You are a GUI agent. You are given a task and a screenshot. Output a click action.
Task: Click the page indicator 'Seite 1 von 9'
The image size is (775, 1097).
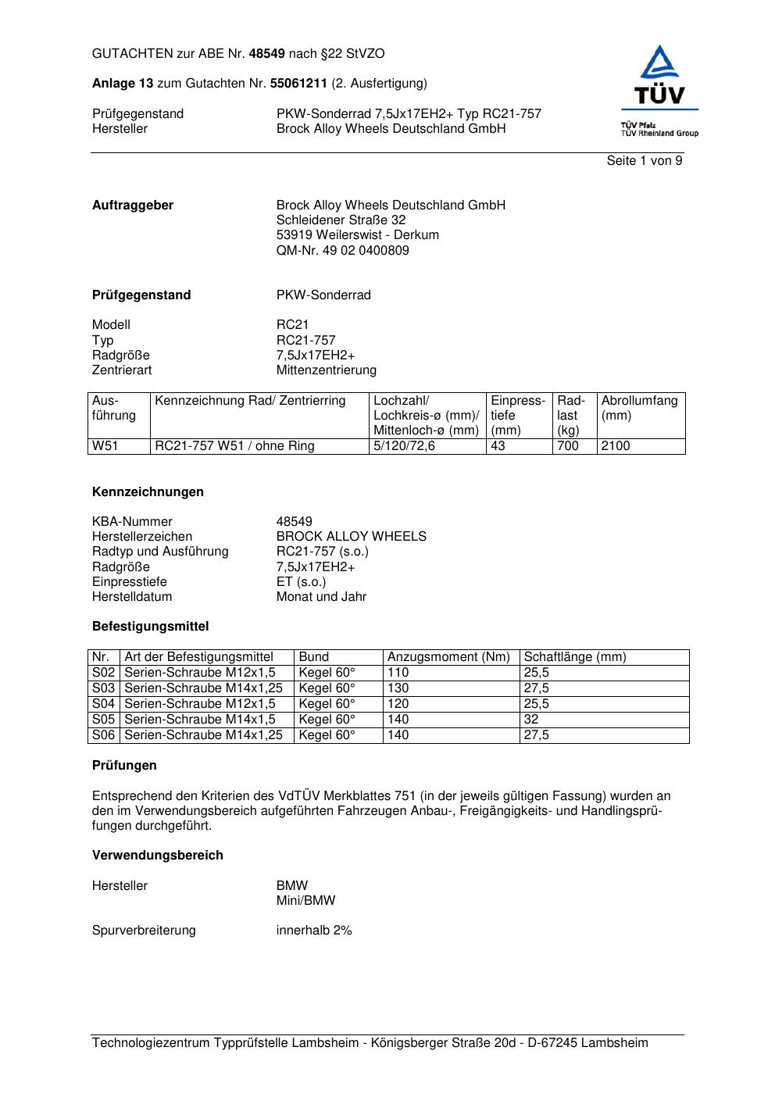(644, 161)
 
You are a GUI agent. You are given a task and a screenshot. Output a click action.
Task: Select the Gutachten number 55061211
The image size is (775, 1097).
(298, 84)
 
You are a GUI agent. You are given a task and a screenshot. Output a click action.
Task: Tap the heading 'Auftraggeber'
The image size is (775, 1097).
(133, 205)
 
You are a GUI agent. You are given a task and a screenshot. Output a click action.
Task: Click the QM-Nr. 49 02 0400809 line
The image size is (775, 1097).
(342, 251)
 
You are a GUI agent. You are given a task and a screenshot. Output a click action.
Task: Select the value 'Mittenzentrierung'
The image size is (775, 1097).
(326, 370)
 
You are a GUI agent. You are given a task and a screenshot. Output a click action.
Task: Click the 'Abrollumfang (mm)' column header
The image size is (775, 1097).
(639, 408)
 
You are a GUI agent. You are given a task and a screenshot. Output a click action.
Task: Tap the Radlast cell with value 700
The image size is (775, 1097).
(568, 446)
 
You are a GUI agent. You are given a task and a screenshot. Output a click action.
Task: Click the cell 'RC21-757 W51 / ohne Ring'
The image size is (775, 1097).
(234, 446)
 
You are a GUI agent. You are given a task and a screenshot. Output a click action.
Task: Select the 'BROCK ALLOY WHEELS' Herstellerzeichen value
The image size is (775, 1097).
(351, 537)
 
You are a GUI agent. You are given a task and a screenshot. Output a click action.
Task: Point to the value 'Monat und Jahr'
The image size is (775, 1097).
(321, 597)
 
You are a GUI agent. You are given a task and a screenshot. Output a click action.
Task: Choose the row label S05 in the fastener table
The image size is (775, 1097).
(104, 720)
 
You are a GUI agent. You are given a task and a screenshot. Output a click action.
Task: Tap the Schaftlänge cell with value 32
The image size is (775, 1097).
(531, 720)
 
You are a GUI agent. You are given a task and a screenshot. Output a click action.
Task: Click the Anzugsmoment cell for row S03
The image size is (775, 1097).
(398, 688)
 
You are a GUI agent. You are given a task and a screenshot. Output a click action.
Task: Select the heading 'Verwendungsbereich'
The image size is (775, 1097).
(157, 856)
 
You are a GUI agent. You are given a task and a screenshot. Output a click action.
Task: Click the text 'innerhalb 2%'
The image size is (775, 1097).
(314, 931)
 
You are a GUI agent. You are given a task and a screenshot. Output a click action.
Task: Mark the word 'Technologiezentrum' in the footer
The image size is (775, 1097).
(150, 1043)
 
